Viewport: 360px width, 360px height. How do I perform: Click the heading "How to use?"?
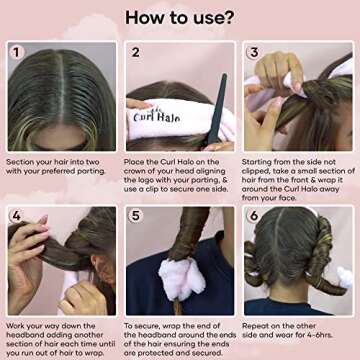coord(180,18)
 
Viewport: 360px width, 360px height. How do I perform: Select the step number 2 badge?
coord(135,51)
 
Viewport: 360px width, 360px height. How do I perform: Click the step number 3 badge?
coord(253,51)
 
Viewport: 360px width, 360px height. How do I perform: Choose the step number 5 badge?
coord(135,215)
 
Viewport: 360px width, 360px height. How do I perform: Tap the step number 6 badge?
coord(253,215)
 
